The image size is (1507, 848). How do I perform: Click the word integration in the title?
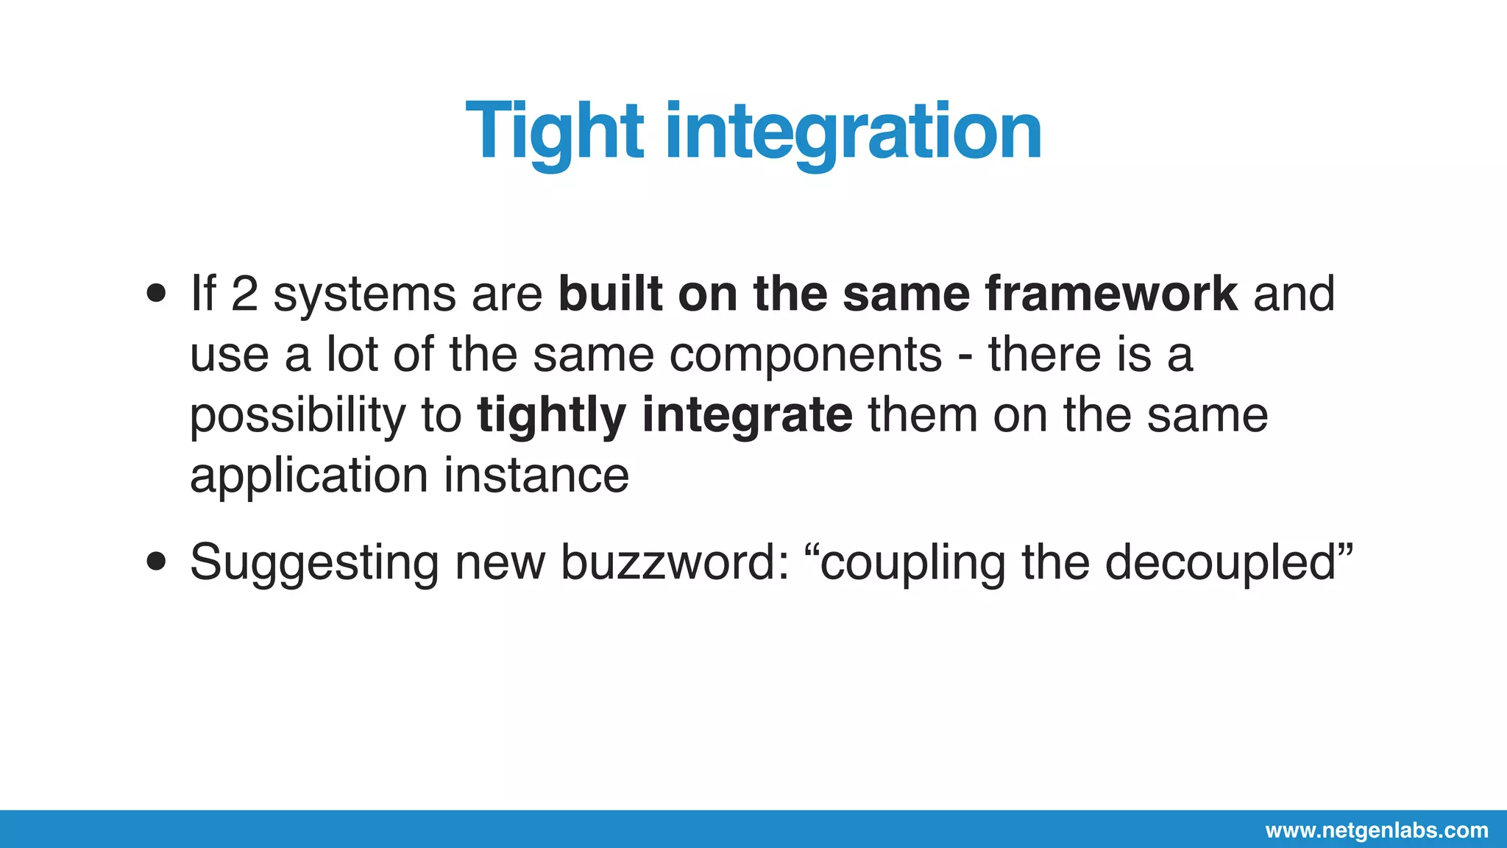tap(854, 132)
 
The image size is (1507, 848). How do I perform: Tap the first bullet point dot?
tap(156, 294)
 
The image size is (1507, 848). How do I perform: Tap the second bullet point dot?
tap(156, 562)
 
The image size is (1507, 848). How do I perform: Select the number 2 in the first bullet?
tap(244, 294)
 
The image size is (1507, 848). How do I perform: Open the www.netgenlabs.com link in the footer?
tap(1376, 830)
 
